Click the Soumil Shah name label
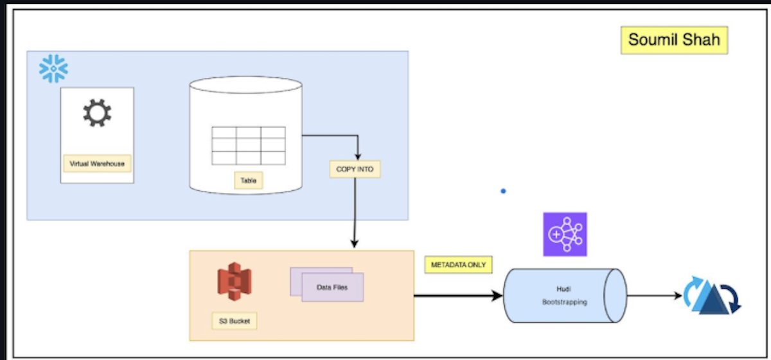click(x=674, y=40)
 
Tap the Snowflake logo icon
click(x=53, y=69)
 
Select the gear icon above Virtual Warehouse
click(x=97, y=113)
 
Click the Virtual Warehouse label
click(x=97, y=164)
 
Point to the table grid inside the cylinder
click(x=249, y=146)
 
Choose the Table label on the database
click(x=248, y=181)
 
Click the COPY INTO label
click(x=354, y=169)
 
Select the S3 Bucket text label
click(x=234, y=319)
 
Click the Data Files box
click(x=332, y=287)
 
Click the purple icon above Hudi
click(x=565, y=234)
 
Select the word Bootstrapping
click(x=564, y=301)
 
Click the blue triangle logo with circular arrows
click(x=712, y=296)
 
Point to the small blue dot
click(x=503, y=191)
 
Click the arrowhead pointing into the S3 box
click(x=354, y=244)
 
